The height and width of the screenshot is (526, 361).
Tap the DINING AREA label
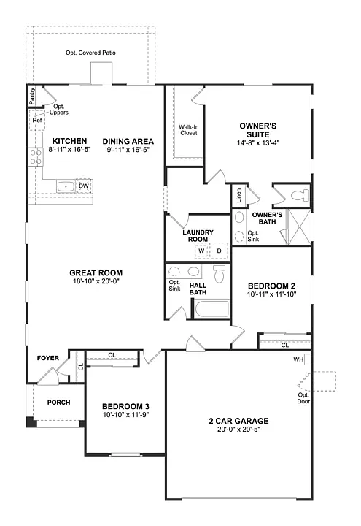128,141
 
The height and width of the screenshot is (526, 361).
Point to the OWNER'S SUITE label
257,129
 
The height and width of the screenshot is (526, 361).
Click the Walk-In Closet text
189,130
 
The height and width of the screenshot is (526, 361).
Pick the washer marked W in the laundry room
201,251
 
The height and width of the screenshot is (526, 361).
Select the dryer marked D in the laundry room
220,251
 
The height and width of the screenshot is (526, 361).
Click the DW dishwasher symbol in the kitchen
84,186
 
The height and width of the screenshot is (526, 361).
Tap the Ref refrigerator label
36,120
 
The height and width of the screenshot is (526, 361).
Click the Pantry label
32,97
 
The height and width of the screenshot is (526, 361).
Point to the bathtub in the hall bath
211,308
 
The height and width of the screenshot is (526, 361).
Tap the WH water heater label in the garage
298,359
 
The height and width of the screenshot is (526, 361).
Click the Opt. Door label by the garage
303,398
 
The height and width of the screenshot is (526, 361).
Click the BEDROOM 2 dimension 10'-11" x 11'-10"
271,294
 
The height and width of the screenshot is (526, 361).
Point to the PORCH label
58,403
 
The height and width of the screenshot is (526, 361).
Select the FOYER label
48,358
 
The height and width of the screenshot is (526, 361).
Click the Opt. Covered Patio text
90,53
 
